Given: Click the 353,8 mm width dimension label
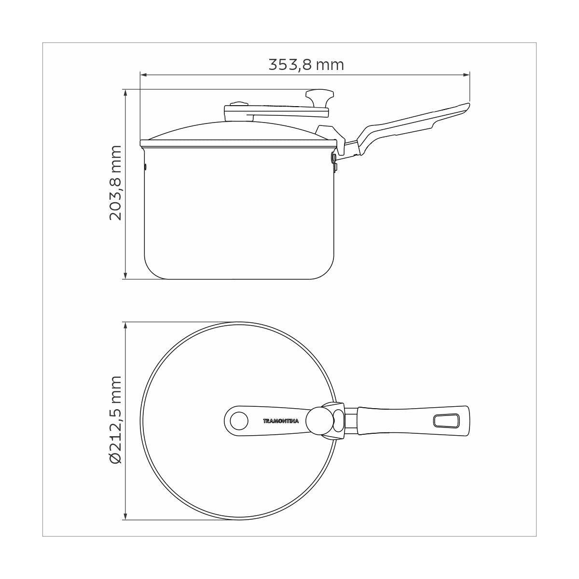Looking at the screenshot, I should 306,65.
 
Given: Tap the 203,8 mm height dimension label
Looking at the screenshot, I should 116,183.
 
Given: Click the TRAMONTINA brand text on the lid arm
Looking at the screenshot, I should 281,421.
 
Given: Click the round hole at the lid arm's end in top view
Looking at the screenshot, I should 237,421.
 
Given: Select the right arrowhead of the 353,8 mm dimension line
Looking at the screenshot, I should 467,75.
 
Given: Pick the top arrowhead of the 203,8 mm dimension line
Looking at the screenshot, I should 125,92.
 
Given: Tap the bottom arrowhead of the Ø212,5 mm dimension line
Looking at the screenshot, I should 125,517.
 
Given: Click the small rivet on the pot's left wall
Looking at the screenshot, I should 146,167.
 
